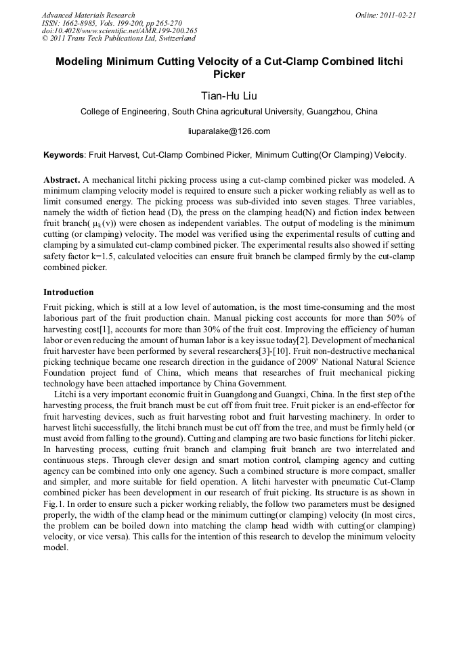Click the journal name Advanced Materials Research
[x=89, y=15]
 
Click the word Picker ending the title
[x=229, y=74]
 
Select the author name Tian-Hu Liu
[x=229, y=95]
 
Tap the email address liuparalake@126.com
[x=229, y=131]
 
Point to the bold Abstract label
[x=62, y=180]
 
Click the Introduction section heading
[x=68, y=292]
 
